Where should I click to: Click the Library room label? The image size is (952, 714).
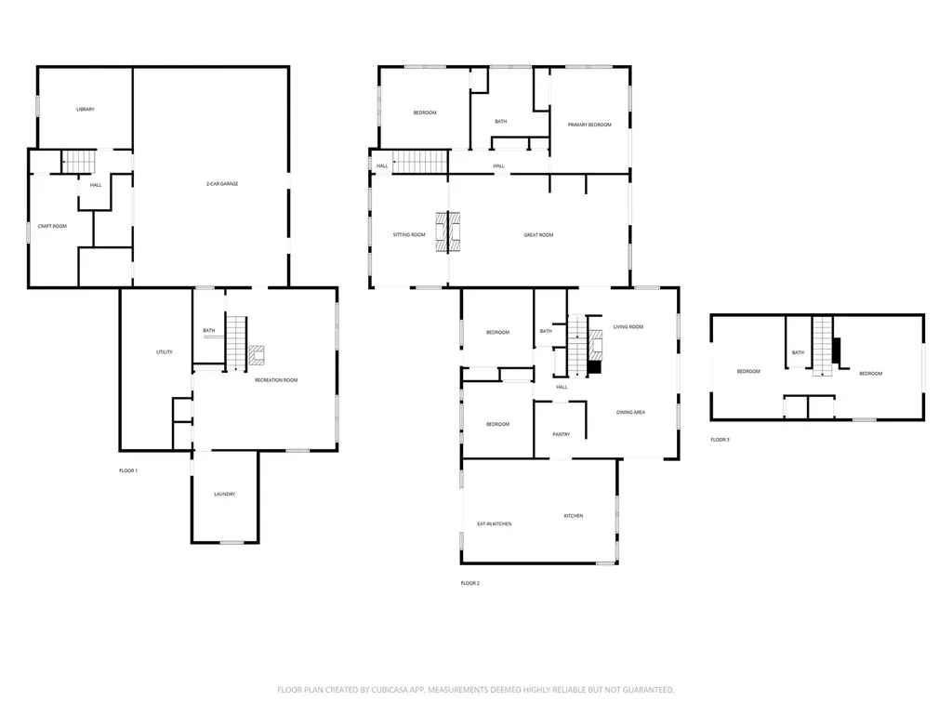[x=86, y=110]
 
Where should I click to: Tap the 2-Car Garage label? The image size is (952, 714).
[x=222, y=183]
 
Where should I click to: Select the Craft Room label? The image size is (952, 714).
[x=52, y=226]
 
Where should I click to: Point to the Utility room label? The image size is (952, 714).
[x=165, y=351]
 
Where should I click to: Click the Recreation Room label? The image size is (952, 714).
[x=276, y=380]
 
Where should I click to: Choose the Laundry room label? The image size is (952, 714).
[x=225, y=495]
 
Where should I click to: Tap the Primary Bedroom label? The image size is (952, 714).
[x=589, y=125]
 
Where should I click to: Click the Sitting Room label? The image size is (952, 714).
[x=409, y=234]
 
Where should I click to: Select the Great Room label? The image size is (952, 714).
[x=538, y=234]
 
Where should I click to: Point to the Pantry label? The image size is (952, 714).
[x=561, y=434]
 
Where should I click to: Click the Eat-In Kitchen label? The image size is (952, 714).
[x=495, y=523]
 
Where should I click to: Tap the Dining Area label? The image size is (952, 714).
[x=631, y=412]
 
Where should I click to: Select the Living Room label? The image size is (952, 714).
[x=628, y=326]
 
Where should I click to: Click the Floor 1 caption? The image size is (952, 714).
[x=128, y=470]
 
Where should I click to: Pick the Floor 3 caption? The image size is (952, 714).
[x=721, y=440]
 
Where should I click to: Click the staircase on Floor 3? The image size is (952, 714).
[x=823, y=346]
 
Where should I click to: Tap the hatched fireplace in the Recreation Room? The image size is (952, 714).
[x=257, y=355]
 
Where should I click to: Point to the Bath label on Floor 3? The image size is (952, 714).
[x=798, y=352]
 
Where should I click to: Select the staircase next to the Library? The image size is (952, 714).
[x=79, y=162]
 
